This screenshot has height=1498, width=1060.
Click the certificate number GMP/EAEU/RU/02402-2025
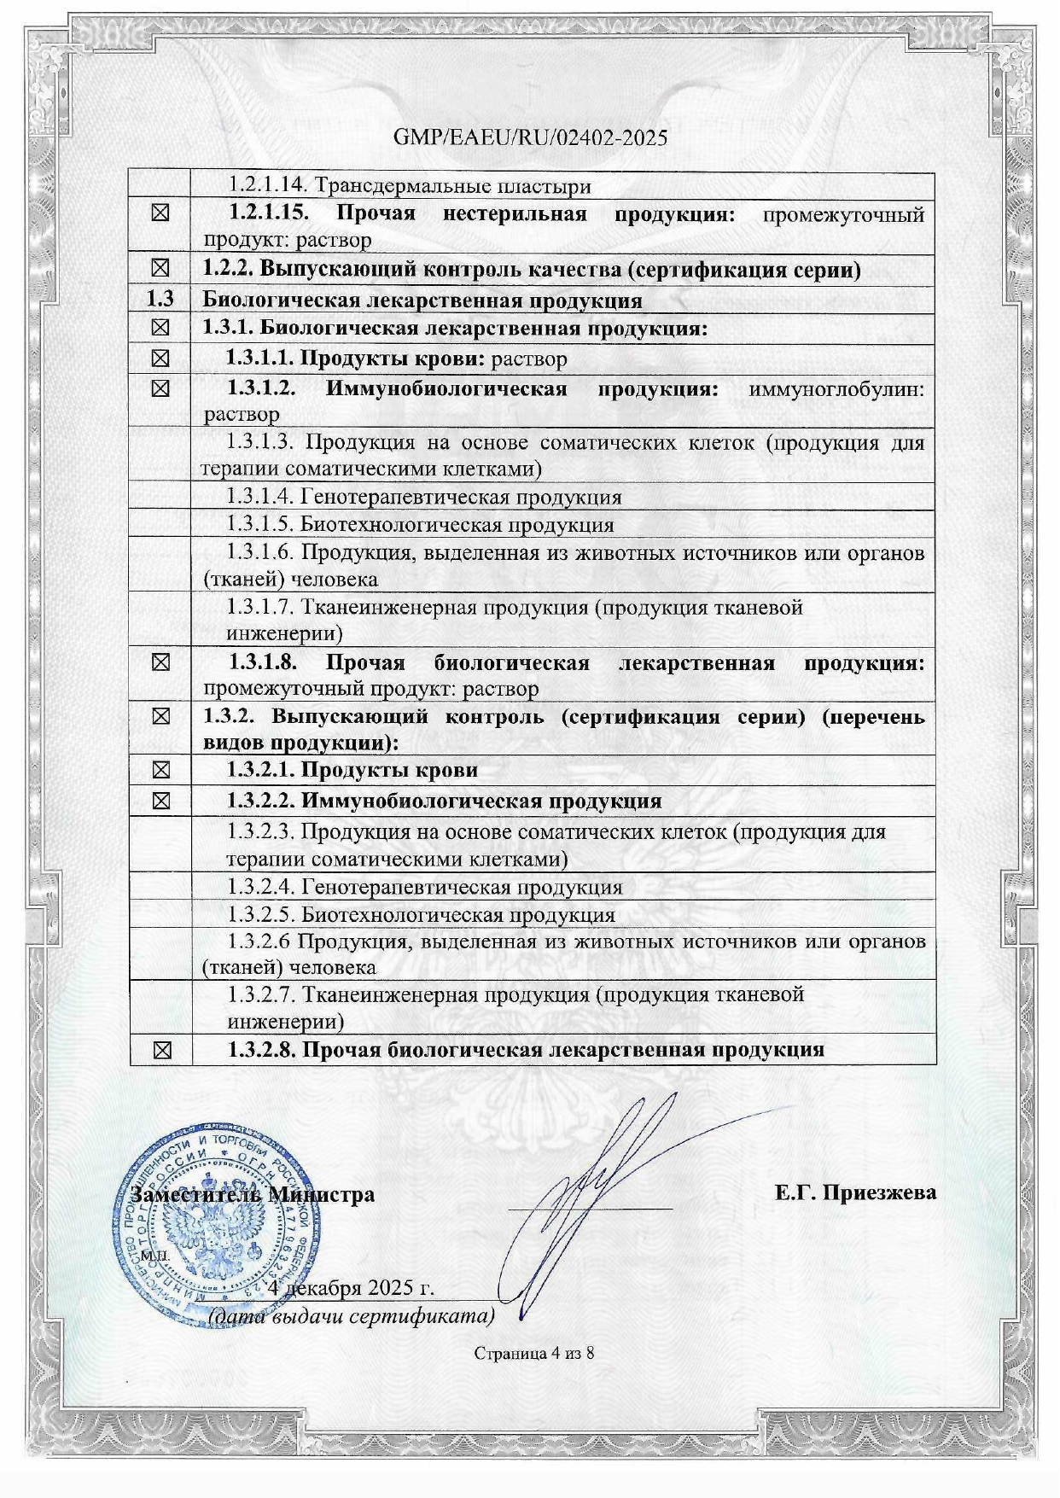530,137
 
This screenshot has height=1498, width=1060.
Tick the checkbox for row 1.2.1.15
160,213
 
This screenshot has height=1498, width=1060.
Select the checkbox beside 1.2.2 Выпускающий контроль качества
160,269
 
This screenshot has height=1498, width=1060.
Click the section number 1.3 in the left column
160,300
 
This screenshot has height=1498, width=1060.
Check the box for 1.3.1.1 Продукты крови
160,358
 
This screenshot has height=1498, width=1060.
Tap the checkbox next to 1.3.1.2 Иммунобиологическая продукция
160,389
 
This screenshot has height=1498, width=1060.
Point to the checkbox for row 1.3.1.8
160,662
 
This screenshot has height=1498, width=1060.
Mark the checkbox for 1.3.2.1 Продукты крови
160,770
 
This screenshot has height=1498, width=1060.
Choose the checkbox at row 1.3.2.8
160,1050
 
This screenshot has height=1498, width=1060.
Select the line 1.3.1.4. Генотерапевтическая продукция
424,497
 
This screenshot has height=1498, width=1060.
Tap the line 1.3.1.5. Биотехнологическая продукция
420,525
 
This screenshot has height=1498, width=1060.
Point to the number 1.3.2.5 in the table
261,915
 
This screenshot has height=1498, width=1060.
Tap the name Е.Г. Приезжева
855,1192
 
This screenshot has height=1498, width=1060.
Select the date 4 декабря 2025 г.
352,1287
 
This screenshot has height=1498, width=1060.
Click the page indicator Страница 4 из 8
533,1353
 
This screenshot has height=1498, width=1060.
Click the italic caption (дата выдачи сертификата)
352,1315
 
